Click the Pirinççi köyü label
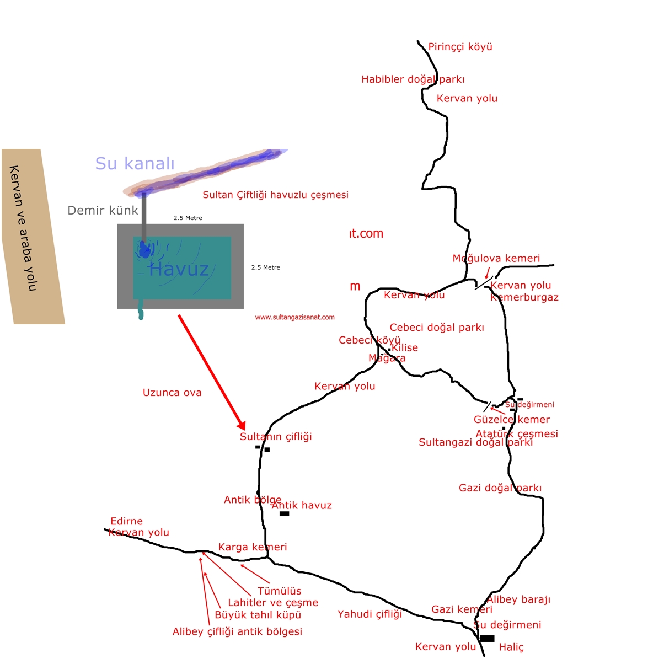tap(460, 47)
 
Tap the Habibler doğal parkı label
tap(413, 79)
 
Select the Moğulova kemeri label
tap(496, 258)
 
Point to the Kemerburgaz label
tap(524, 297)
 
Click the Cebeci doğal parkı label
tap(436, 328)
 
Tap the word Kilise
tap(405, 347)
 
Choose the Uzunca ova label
tap(172, 393)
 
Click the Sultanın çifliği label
tap(276, 437)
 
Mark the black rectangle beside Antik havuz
tap(284, 514)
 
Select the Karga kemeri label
tap(253, 547)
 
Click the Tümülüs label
tap(279, 591)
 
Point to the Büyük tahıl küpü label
tap(258, 615)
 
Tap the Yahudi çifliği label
tap(370, 614)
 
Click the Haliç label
tap(511, 647)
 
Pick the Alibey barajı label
tap(518, 599)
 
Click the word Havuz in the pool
tap(179, 269)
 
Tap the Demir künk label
tap(103, 210)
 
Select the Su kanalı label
tap(135, 163)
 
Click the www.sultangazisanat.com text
tap(294, 317)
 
